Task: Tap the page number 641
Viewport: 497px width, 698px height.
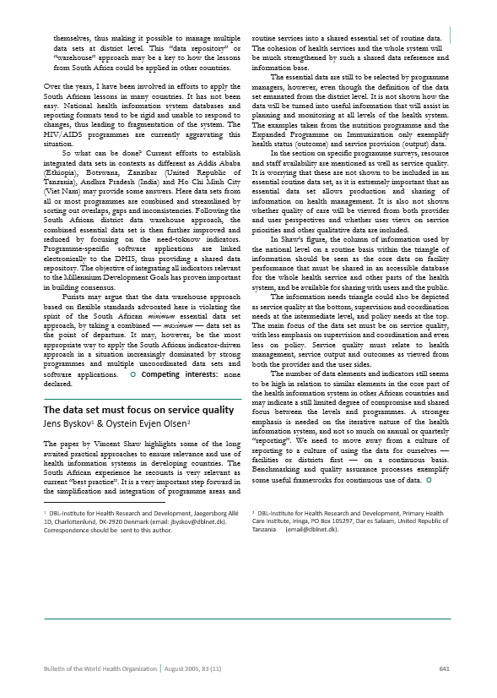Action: pos(445,668)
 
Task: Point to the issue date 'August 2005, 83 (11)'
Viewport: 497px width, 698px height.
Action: pos(192,668)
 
